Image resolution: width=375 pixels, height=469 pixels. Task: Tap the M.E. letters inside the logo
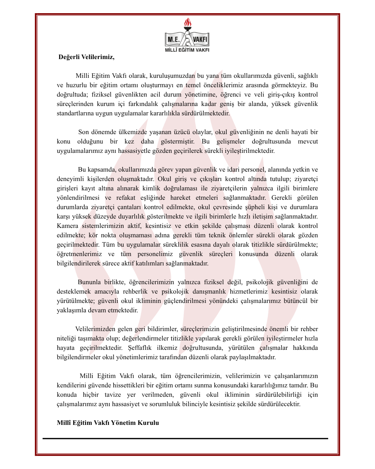tap(173, 39)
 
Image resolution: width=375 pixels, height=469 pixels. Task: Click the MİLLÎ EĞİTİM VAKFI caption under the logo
tap(187, 50)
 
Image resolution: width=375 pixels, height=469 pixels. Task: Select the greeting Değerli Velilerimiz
tap(86, 57)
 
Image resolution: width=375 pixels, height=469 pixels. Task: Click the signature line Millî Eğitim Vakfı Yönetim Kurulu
tap(108, 423)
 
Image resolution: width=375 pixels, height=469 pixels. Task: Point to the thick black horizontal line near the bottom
tap(185, 439)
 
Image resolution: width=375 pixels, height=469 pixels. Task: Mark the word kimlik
tap(152, 188)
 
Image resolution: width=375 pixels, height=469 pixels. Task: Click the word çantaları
tap(128, 207)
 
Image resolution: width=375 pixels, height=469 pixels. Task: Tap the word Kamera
tap(67, 226)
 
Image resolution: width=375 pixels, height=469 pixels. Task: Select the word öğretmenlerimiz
tap(79, 254)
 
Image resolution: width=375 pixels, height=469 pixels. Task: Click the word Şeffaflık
tap(140, 348)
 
